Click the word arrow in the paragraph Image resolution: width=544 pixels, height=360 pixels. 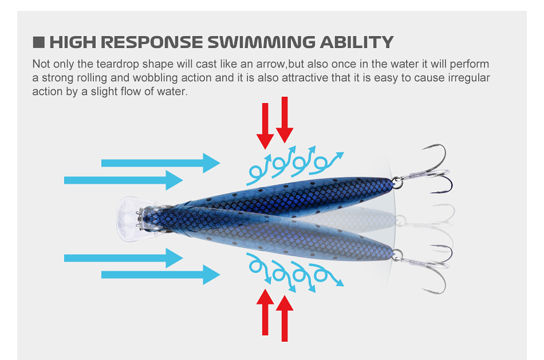pos(273,64)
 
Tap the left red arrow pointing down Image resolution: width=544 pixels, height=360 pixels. pos(265,125)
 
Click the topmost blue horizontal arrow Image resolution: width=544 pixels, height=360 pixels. pos(160,163)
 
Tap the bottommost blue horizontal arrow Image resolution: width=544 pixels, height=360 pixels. pos(160,275)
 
